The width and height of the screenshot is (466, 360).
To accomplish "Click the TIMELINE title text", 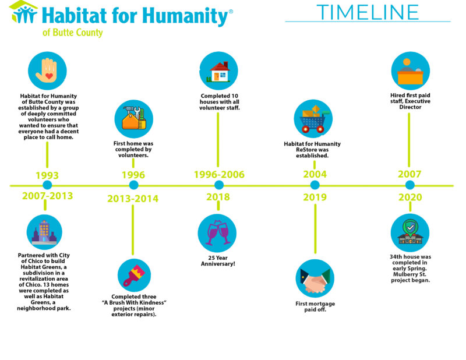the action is coord(368,11).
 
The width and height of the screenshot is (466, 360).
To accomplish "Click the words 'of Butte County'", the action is coord(72,33).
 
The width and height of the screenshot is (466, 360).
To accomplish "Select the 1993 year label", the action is coord(47,175).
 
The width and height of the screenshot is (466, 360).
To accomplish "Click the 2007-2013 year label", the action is coord(48,196).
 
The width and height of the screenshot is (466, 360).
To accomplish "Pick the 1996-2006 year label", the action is coord(219,175).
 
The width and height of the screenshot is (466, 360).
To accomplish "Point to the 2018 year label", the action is coord(218,197).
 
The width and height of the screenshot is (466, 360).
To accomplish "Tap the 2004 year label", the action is coord(315,174).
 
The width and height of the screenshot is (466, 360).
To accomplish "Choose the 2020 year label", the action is coord(409,197).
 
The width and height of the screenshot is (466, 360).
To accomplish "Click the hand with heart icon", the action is coord(47,70).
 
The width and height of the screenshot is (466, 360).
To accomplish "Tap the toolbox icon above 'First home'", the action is coord(133,119).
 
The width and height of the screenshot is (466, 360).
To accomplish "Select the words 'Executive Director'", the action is coord(410,103).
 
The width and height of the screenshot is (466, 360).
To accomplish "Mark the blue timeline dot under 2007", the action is coord(409,185).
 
